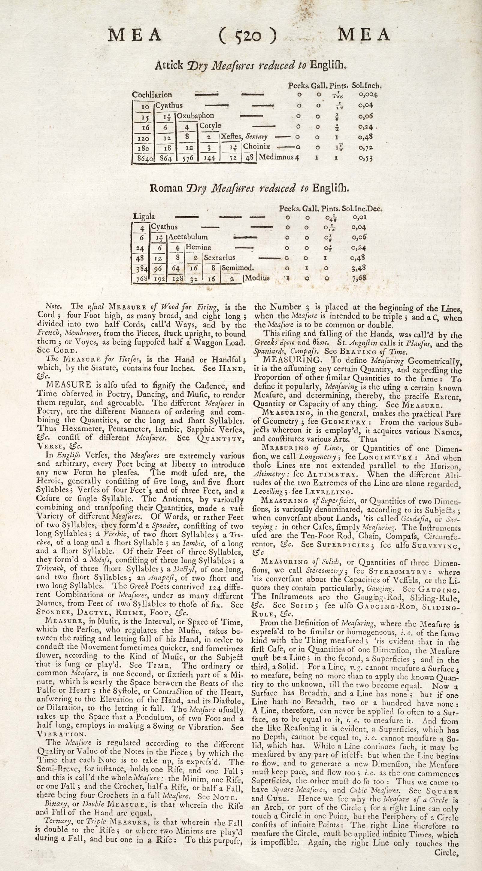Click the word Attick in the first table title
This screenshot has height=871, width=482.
click(169, 65)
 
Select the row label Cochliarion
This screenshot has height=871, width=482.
click(152, 95)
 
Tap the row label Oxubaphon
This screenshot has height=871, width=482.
click(196, 116)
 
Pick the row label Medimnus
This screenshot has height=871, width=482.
click(276, 157)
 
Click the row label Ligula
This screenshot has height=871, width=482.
click(144, 216)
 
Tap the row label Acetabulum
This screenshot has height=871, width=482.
click(188, 237)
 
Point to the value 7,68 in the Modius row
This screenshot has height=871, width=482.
click(359, 278)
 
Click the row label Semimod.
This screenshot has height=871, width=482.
click(238, 268)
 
